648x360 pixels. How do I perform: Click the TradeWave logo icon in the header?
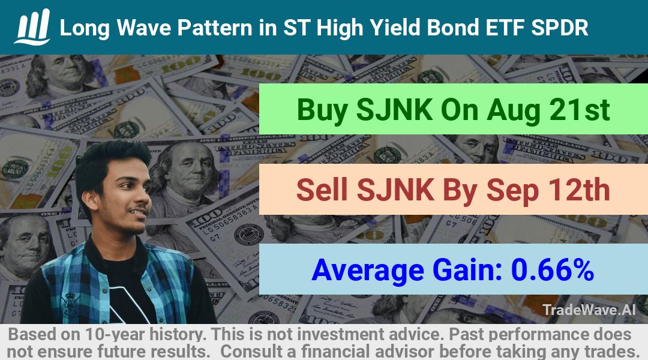click(33, 26)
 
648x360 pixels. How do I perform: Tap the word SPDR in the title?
click(560, 28)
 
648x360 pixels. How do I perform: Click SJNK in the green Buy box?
click(394, 110)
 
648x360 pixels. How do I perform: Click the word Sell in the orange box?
click(322, 190)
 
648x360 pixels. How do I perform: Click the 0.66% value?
click(553, 269)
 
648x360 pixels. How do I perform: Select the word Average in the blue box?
click(367, 271)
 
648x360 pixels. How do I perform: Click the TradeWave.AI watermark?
click(589, 310)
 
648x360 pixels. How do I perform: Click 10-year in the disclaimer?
click(112, 334)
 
